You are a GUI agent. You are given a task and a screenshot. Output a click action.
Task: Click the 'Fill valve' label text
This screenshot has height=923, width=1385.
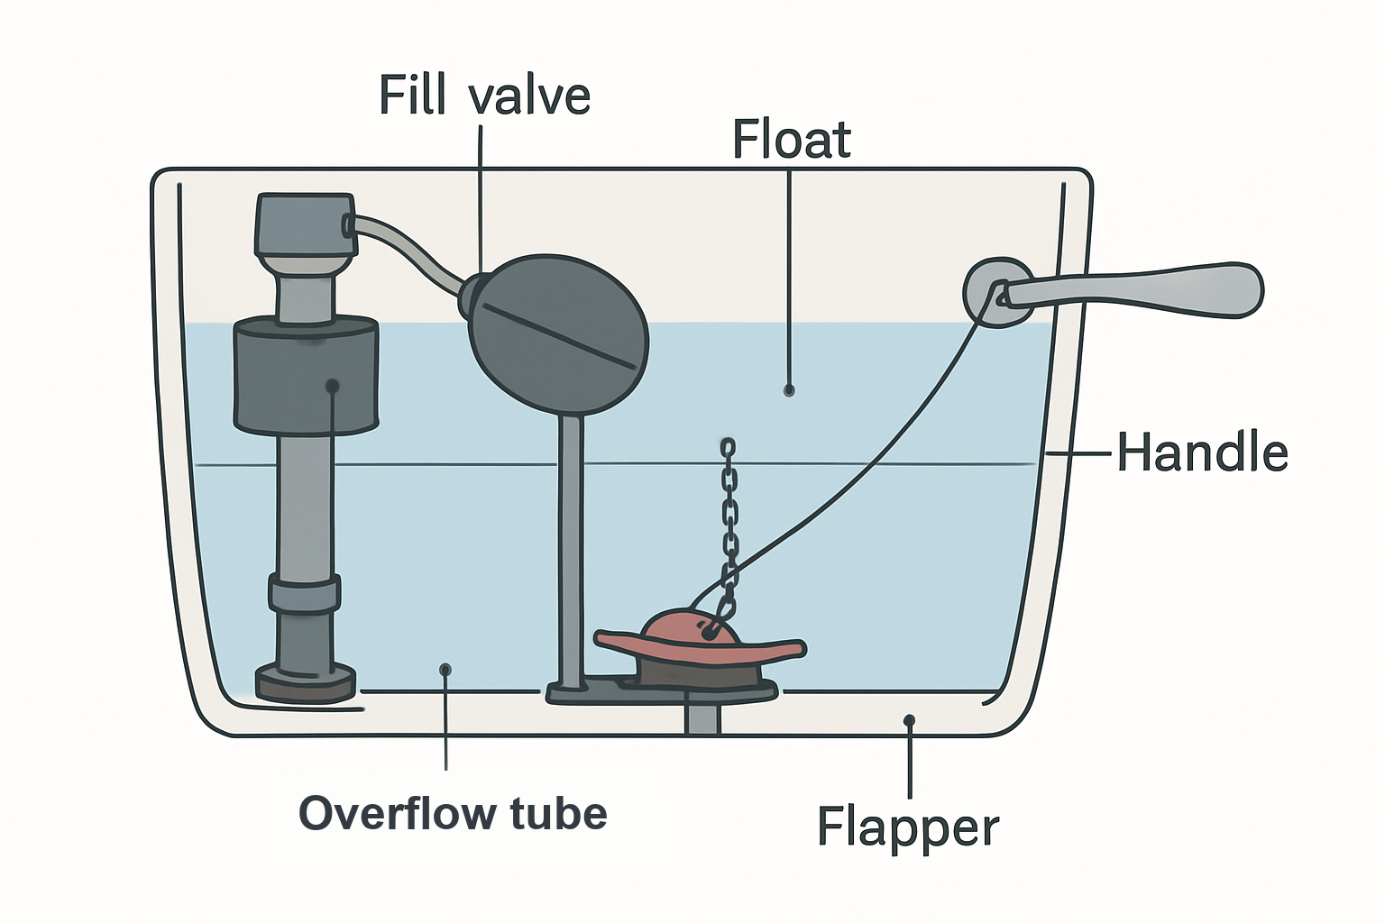point(485,95)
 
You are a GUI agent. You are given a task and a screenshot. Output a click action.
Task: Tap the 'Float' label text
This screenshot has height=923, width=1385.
point(792,139)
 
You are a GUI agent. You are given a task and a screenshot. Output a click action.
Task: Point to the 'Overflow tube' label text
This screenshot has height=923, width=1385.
point(453,813)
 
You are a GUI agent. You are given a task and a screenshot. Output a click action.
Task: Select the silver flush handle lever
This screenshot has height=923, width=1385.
point(1128,290)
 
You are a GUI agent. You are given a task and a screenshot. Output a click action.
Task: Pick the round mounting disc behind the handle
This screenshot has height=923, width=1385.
point(996,292)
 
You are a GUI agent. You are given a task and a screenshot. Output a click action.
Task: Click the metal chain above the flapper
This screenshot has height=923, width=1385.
point(729,533)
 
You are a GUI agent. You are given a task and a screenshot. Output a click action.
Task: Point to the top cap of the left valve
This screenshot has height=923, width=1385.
point(306,224)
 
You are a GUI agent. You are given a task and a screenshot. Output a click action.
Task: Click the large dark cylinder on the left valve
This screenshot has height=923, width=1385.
point(306,374)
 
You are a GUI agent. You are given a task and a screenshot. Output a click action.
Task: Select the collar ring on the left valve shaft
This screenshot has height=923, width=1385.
point(304,591)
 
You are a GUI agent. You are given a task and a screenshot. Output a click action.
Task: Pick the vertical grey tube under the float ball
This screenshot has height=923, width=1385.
point(572,550)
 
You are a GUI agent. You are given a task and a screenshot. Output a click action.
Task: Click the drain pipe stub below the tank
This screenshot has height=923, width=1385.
point(703,717)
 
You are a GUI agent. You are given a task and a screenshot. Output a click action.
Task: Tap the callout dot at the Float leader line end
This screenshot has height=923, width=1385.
point(789,390)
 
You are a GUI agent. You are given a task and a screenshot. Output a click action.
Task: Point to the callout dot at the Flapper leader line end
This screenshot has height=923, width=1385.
point(909,720)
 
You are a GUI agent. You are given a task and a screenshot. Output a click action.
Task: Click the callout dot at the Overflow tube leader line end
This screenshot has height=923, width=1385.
point(445,670)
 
